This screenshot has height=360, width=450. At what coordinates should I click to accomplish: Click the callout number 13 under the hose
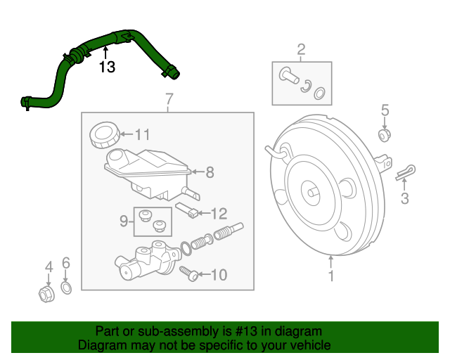click(x=106, y=67)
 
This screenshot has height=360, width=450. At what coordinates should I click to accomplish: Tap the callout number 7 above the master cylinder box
click(x=169, y=99)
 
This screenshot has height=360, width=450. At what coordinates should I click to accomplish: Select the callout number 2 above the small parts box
click(x=301, y=49)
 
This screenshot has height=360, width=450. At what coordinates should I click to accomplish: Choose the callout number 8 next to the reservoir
click(x=210, y=171)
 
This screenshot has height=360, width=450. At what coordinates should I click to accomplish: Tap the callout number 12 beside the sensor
click(x=219, y=212)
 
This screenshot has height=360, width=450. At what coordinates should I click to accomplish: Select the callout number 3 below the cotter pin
click(x=404, y=199)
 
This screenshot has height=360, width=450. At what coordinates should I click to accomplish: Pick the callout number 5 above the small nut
click(x=385, y=110)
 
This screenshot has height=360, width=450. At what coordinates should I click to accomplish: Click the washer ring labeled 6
click(x=66, y=288)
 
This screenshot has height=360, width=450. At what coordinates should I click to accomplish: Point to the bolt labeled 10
click(x=188, y=273)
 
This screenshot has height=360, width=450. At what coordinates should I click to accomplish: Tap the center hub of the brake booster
click(x=310, y=189)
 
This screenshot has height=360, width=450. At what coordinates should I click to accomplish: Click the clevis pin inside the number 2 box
click(x=288, y=75)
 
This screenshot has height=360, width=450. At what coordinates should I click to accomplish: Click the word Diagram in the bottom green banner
click(x=98, y=345)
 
